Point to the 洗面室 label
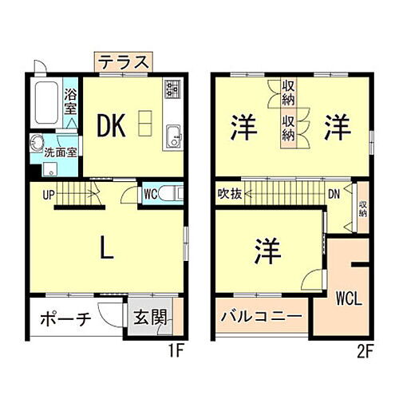coord(60,151)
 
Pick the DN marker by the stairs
coord(335,193)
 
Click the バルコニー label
coord(261,318)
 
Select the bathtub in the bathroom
coord(47,102)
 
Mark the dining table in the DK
coord(144,123)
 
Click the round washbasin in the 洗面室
coord(37,145)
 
